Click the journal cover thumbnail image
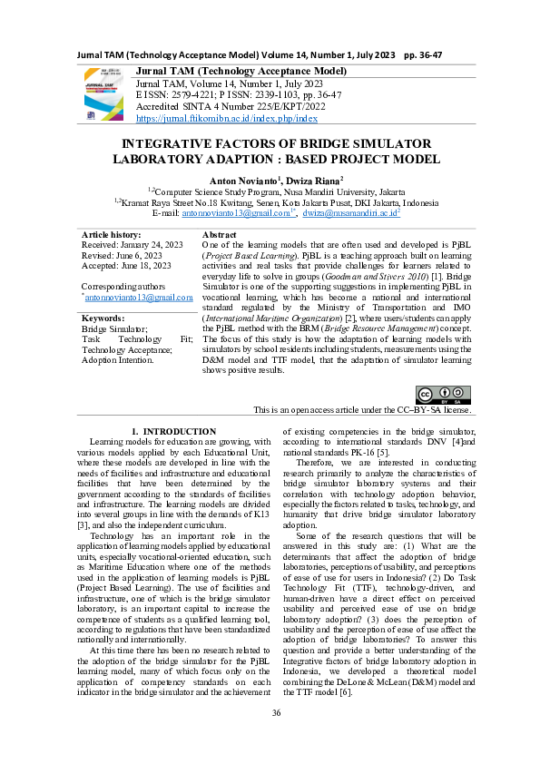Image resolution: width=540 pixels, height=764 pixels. (x=106, y=94)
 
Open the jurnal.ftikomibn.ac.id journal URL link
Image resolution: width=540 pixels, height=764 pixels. (x=226, y=118)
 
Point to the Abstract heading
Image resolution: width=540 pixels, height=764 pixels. (x=219, y=234)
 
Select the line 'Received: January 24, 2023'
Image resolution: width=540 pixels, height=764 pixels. (x=133, y=245)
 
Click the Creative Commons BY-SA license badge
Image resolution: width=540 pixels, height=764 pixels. (x=442, y=395)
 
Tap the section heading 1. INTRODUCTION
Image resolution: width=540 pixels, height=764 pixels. (x=173, y=430)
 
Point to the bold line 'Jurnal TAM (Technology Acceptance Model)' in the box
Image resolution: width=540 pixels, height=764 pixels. (x=241, y=71)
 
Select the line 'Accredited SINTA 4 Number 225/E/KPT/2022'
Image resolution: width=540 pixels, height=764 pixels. (x=231, y=106)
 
